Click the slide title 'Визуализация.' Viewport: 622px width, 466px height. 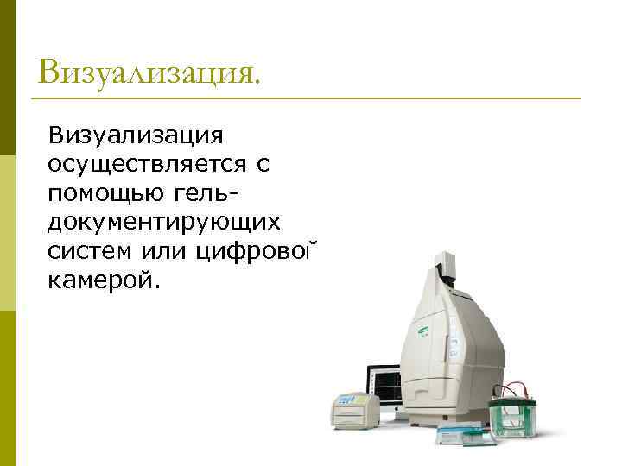tap(148, 72)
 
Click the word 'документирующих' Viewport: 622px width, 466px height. tap(165, 222)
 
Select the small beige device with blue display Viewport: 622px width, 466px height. tap(353, 408)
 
